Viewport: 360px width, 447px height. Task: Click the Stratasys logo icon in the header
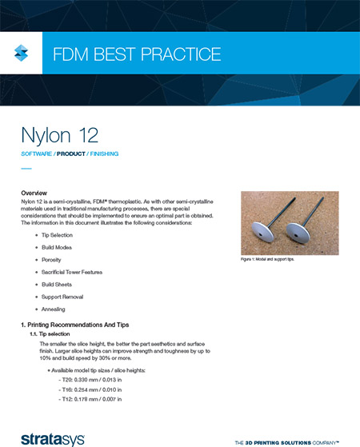point(22,54)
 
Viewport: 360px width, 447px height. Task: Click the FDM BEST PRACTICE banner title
point(135,55)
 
